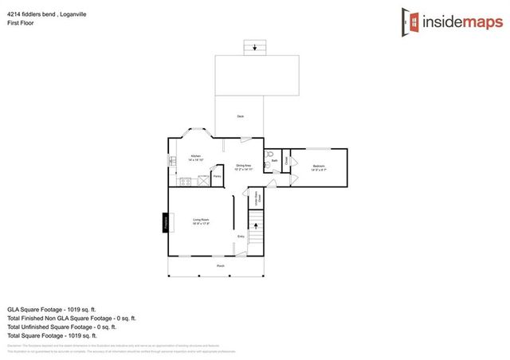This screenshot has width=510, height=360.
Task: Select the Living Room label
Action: [x=200, y=221]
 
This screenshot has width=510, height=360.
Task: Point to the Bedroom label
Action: [x=318, y=166]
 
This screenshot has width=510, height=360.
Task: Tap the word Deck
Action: [x=240, y=116]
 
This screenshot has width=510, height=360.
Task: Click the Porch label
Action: [x=220, y=265]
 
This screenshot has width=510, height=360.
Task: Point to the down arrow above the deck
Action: [x=255, y=48]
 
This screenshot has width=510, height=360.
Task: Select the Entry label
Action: [x=241, y=237]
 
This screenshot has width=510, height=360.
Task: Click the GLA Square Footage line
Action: [x=52, y=309]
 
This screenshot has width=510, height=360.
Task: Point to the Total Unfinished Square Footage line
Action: [x=62, y=327]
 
